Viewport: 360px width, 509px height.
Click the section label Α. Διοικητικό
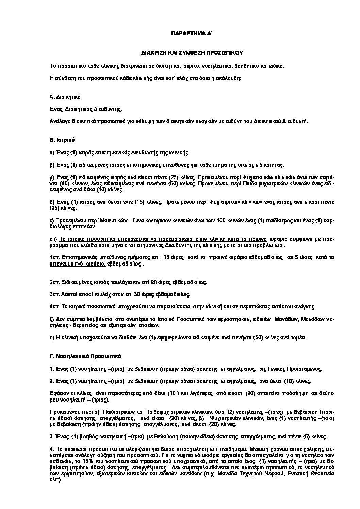pos(65,97)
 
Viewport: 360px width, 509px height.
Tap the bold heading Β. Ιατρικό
pos(62,140)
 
